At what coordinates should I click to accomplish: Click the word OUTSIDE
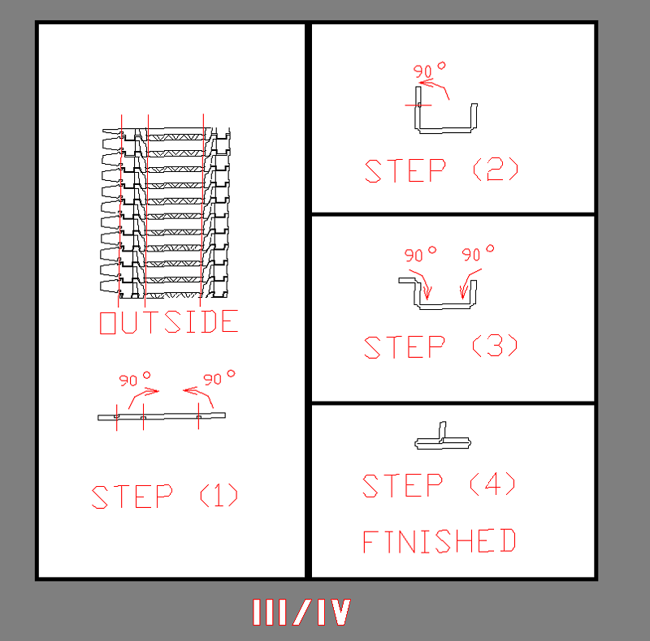point(169,322)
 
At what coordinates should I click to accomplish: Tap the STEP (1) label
point(165,497)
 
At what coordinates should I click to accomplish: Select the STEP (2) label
point(441,170)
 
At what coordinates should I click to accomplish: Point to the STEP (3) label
point(440,346)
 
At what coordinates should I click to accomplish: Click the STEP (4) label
point(439,485)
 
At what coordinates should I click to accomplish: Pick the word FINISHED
point(439,540)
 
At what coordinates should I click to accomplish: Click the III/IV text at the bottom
point(301,612)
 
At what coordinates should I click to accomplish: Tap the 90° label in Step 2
point(430,70)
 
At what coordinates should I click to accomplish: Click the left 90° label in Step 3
point(420,254)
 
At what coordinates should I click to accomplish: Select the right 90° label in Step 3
point(478,253)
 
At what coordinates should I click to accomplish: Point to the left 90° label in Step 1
point(135,379)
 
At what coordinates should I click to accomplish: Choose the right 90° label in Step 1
point(219,378)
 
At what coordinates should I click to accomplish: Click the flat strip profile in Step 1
point(162,416)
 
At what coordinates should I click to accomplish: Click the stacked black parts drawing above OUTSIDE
point(165,213)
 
